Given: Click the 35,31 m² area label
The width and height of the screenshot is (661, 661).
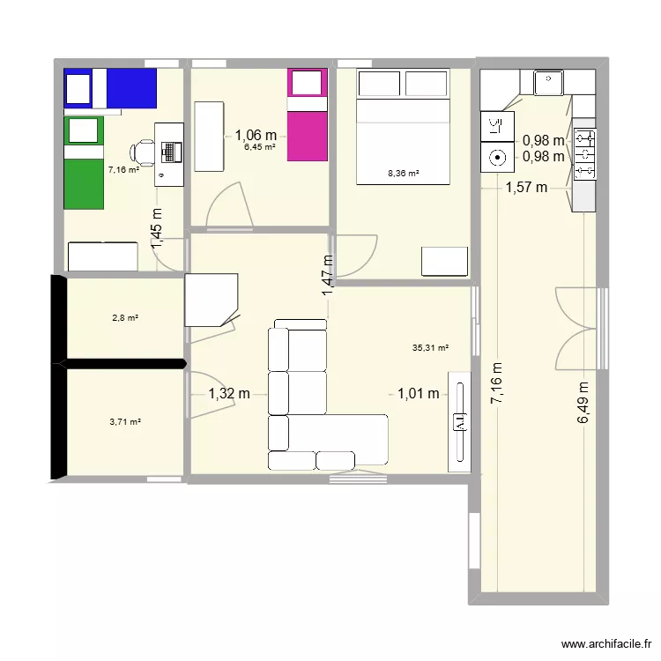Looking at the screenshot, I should [430, 348].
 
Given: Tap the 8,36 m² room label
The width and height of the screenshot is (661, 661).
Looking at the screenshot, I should [403, 174].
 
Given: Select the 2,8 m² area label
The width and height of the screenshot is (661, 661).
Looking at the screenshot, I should [123, 317].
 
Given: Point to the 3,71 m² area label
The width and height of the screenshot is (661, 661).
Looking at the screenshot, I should [125, 422].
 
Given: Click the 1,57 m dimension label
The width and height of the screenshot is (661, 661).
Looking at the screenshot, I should [526, 187].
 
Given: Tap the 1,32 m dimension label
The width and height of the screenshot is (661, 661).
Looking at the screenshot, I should [228, 395].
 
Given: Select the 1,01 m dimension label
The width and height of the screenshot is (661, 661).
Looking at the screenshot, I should [418, 394].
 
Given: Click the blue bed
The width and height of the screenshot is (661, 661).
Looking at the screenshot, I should [110, 88].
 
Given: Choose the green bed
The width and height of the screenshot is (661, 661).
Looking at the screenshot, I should [84, 163].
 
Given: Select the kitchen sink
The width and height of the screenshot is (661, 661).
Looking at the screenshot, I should [548, 84].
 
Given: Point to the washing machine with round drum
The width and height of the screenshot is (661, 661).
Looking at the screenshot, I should [497, 159].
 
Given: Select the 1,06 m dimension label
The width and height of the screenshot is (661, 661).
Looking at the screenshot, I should [256, 135].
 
